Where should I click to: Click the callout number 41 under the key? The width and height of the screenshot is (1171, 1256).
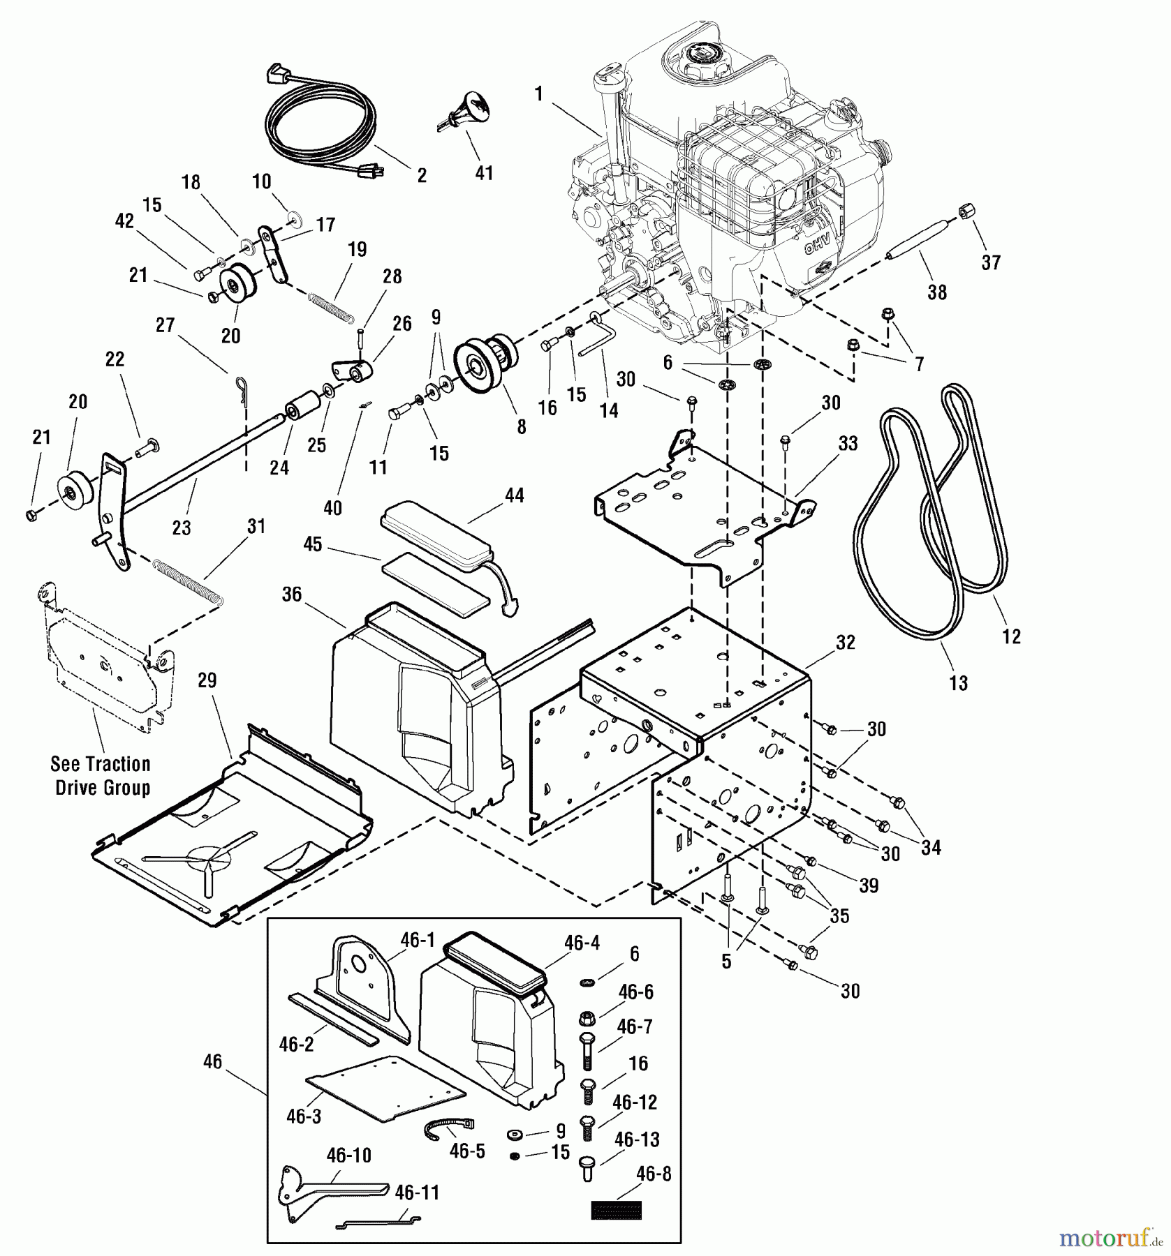pos(484,172)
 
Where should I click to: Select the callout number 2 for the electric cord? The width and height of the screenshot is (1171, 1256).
pos(422,175)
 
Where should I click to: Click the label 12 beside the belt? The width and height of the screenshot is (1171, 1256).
pos(1011,636)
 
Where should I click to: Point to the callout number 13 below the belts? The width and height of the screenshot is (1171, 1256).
pos(959,682)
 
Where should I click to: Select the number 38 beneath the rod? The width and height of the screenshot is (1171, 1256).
pos(937,292)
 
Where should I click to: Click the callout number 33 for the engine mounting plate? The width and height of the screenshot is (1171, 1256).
pos(848,443)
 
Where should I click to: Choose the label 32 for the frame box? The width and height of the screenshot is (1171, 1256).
pos(846,642)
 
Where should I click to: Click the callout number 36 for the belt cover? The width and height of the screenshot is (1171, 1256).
pos(291,594)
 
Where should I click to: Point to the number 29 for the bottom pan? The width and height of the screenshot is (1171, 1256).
pos(207,680)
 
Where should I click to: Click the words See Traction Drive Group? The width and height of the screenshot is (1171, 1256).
pos(101,776)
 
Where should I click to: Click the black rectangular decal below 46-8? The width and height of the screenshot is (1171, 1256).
pos(616,1209)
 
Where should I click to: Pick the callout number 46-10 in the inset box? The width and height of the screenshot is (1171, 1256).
pos(349,1156)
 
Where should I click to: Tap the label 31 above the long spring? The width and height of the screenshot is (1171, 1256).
pos(256,526)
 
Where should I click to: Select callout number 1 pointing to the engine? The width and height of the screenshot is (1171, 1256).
pos(538,94)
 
